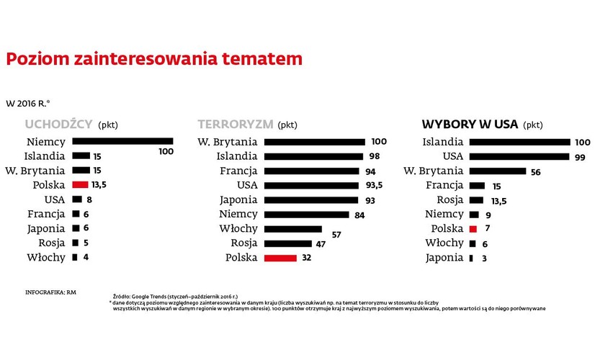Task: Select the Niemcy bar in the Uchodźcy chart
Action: click(x=122, y=141)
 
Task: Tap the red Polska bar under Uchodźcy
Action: click(x=80, y=184)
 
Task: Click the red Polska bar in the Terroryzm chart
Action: click(x=280, y=257)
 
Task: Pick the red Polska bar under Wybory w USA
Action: click(x=473, y=228)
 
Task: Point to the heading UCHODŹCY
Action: click(x=58, y=124)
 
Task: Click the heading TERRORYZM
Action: click(x=235, y=124)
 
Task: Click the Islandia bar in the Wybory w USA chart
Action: click(x=519, y=141)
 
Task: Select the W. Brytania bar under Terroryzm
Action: click(x=315, y=141)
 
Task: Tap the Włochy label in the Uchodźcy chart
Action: click(x=46, y=257)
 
